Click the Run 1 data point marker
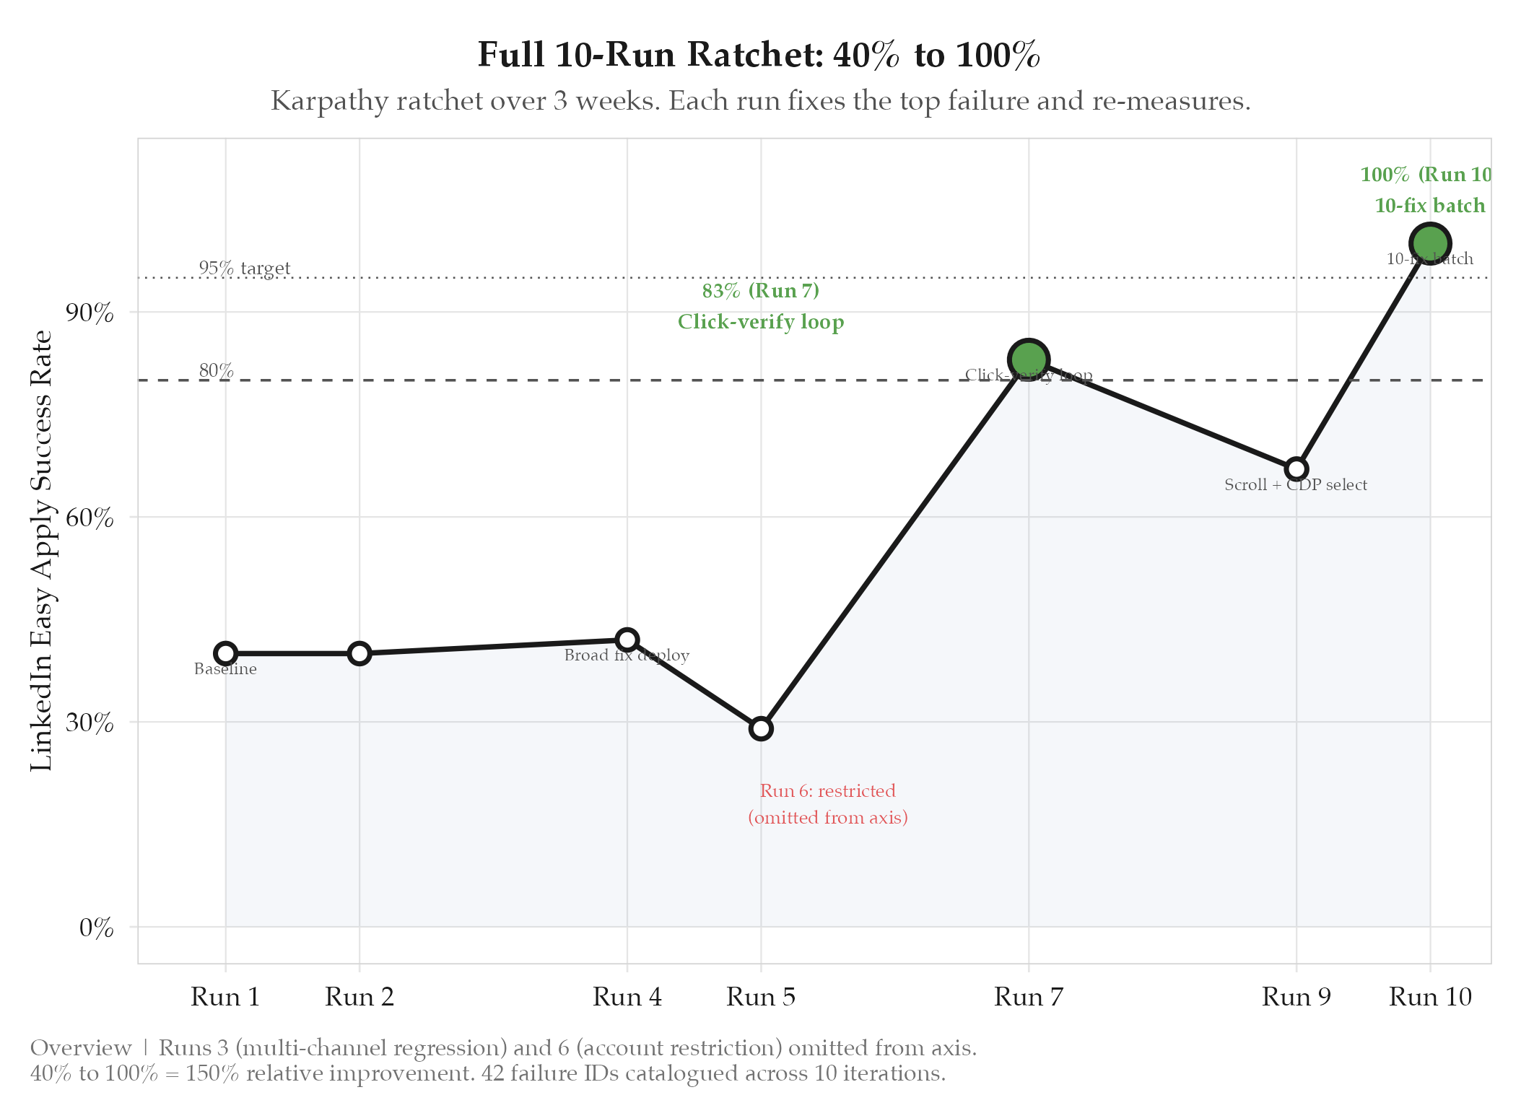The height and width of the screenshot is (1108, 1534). click(226, 653)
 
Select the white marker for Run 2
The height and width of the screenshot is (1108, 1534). click(359, 653)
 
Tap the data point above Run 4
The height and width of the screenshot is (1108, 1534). click(627, 640)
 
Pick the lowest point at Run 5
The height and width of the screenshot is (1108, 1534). click(761, 728)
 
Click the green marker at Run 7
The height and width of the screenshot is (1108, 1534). click(1029, 359)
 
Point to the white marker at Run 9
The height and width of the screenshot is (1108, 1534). click(1297, 469)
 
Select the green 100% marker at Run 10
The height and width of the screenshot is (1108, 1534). click(1430, 244)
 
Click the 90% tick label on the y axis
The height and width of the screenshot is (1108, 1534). click(90, 313)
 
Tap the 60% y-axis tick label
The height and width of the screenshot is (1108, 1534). click(90, 518)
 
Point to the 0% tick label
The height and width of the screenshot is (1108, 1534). click(96, 928)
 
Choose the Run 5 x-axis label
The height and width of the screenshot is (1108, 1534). click(761, 997)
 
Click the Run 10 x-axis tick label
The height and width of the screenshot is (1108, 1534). click(1430, 997)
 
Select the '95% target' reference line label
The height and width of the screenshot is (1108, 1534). click(245, 268)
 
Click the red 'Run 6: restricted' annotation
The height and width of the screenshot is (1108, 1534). click(827, 791)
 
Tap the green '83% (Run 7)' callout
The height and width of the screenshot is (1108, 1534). click(761, 291)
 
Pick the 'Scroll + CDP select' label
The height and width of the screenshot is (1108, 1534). click(1296, 485)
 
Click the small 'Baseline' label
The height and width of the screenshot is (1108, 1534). click(225, 669)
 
